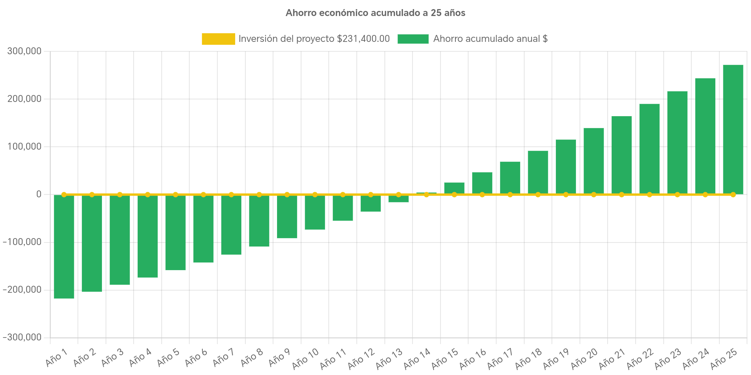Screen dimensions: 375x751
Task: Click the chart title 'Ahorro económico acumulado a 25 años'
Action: pyautogui.click(x=375, y=13)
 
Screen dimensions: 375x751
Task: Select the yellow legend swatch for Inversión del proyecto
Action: pyautogui.click(x=218, y=39)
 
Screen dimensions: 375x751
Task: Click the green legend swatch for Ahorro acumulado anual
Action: pyautogui.click(x=413, y=39)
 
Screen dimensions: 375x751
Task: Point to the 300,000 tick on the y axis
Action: pyautogui.click(x=24, y=51)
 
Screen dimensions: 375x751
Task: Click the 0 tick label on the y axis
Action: pyautogui.click(x=39, y=194)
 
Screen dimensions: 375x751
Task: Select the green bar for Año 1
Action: pyautogui.click(x=64, y=246)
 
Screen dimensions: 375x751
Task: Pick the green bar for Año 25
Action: pyautogui.click(x=733, y=129)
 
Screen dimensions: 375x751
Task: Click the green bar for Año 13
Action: pyautogui.click(x=398, y=199)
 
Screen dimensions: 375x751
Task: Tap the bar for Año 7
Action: pyautogui.click(x=231, y=225)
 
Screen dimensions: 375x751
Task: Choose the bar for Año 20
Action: pyautogui.click(x=593, y=161)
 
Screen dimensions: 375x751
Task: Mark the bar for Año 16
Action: pyautogui.click(x=482, y=183)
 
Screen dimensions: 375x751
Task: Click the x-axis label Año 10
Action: pyautogui.click(x=305, y=358)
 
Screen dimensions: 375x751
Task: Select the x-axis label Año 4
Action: pyautogui.click(x=140, y=358)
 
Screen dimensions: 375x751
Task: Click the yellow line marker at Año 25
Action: pyautogui.click(x=733, y=195)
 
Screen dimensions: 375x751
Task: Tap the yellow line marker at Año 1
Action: pyautogui.click(x=64, y=195)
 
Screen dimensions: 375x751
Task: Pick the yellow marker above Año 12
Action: pyautogui.click(x=371, y=195)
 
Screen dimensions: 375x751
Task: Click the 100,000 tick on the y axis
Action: pyautogui.click(x=24, y=147)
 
